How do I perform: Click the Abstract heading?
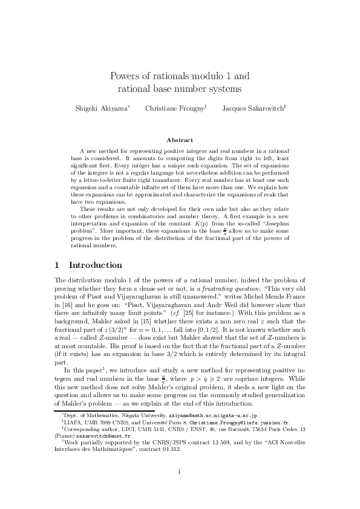180,140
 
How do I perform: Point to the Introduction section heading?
96,265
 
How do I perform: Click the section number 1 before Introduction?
57,265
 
